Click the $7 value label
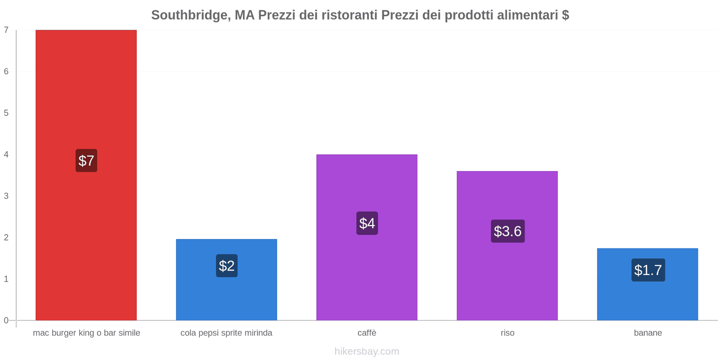[86, 161]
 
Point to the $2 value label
[227, 266]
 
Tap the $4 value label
[367, 223]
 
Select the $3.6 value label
[508, 231]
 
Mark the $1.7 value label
[648, 270]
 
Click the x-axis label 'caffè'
[367, 333]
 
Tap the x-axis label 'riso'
[507, 333]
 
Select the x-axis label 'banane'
[648, 333]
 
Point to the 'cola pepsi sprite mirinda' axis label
[226, 333]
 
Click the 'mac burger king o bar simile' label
[86, 333]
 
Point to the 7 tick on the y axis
[6, 30]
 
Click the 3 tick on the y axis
[6, 196]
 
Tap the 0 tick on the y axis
[6, 320]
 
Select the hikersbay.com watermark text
[367, 351]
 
